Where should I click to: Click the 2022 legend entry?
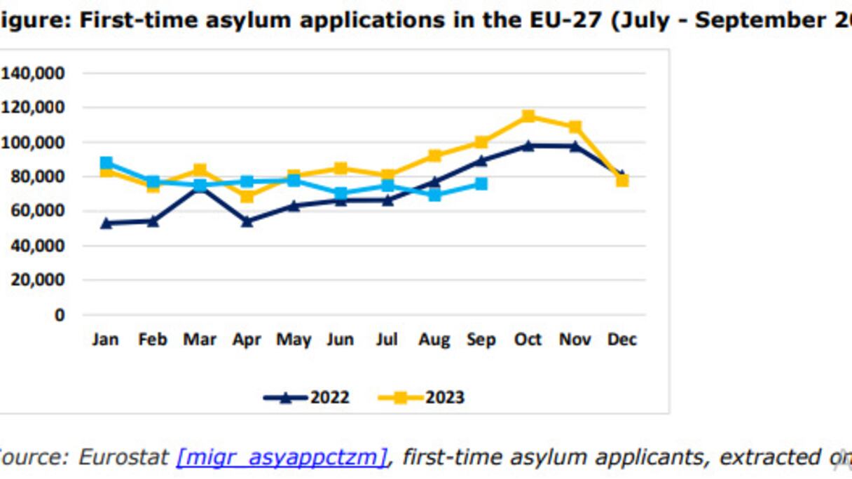(x=307, y=398)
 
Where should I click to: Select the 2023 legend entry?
(x=422, y=398)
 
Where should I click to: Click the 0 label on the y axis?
(x=60, y=314)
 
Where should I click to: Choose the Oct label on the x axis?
(x=528, y=340)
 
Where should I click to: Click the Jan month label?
(x=106, y=340)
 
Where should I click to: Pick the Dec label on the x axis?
(x=621, y=340)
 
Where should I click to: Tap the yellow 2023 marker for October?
(x=528, y=116)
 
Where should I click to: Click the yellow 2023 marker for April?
(x=247, y=196)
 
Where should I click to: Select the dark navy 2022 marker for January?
(x=106, y=223)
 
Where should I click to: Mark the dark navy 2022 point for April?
(x=247, y=221)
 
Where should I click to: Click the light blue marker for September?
(x=481, y=183)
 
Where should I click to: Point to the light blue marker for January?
(x=106, y=163)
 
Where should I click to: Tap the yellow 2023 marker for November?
(x=575, y=127)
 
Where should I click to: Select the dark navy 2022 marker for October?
(x=528, y=146)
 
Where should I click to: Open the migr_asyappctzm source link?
(x=281, y=457)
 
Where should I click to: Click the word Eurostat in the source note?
(x=122, y=457)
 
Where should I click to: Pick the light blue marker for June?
(x=341, y=193)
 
